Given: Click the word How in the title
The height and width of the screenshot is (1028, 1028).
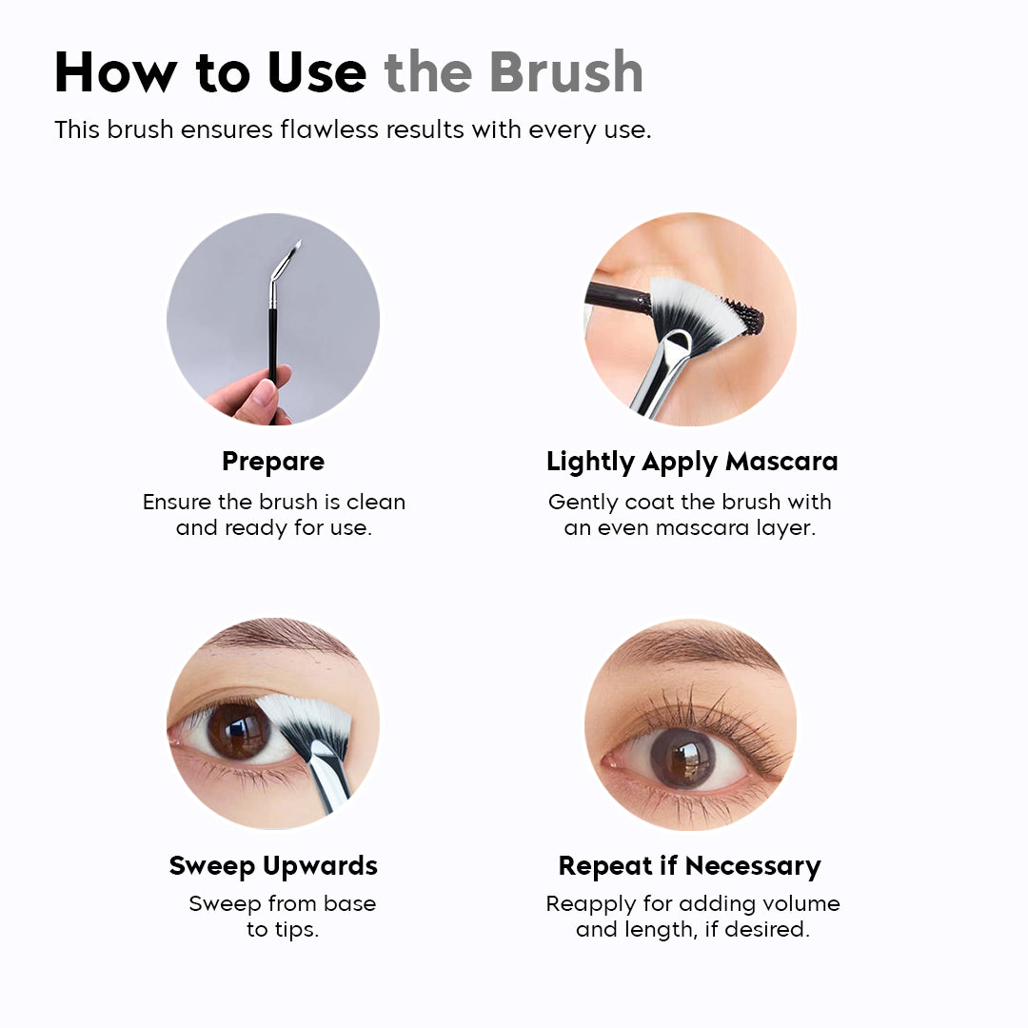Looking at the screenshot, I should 112,72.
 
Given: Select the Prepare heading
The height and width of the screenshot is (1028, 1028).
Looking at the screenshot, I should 273,462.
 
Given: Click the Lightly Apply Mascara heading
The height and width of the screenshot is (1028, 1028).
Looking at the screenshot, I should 692,462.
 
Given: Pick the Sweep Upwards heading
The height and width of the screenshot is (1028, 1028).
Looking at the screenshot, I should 273,866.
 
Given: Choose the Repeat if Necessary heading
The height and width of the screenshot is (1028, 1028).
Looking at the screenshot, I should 689,866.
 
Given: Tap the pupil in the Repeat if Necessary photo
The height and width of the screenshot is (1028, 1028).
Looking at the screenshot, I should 682,758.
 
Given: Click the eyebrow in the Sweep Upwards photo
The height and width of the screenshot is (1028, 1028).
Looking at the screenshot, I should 276,634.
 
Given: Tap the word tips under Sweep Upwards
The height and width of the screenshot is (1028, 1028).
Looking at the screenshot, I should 295,930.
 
